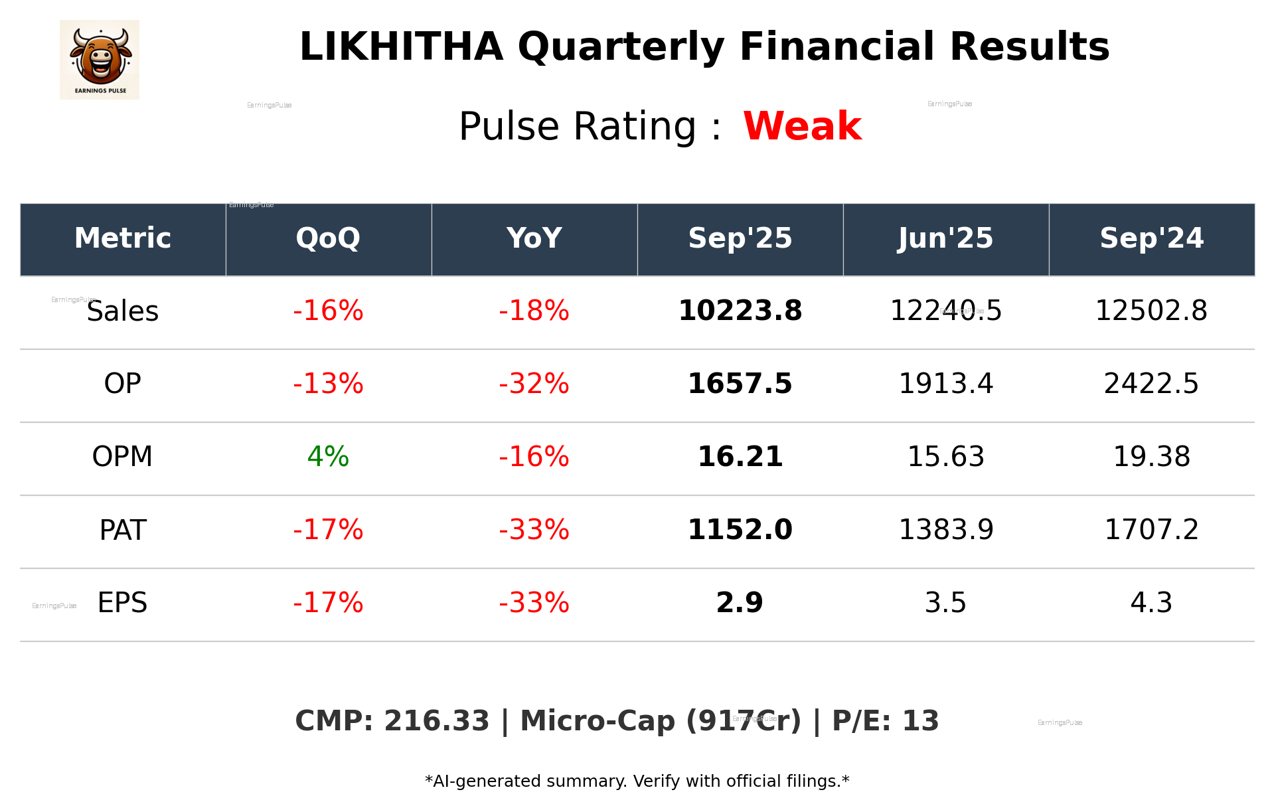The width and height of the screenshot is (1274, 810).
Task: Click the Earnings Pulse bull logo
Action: click(100, 59)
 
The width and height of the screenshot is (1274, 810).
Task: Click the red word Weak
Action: click(802, 126)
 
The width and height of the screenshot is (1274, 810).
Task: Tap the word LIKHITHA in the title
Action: click(401, 47)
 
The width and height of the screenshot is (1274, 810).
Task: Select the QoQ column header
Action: click(328, 238)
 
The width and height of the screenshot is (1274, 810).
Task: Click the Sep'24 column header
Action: click(1151, 238)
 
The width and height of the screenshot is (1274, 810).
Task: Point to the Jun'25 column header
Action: click(945, 238)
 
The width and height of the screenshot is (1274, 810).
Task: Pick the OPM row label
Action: click(122, 457)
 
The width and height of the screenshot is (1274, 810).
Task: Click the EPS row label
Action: click(122, 603)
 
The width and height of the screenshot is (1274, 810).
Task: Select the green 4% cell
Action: click(328, 457)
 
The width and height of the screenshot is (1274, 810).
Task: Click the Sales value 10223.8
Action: click(740, 311)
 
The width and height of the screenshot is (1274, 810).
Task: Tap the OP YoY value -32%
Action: click(534, 384)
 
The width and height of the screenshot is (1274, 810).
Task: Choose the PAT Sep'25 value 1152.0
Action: click(740, 530)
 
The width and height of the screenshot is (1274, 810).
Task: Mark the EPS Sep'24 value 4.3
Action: click(1151, 603)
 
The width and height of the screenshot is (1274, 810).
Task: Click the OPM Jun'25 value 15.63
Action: click(945, 457)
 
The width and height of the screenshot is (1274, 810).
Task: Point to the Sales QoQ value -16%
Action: click(328, 311)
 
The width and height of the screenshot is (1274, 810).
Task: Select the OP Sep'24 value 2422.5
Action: click(1151, 384)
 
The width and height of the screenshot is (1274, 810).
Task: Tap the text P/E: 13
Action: click(885, 721)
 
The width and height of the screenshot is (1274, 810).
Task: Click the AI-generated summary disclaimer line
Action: click(637, 781)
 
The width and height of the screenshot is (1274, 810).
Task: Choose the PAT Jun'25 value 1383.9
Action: click(945, 530)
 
